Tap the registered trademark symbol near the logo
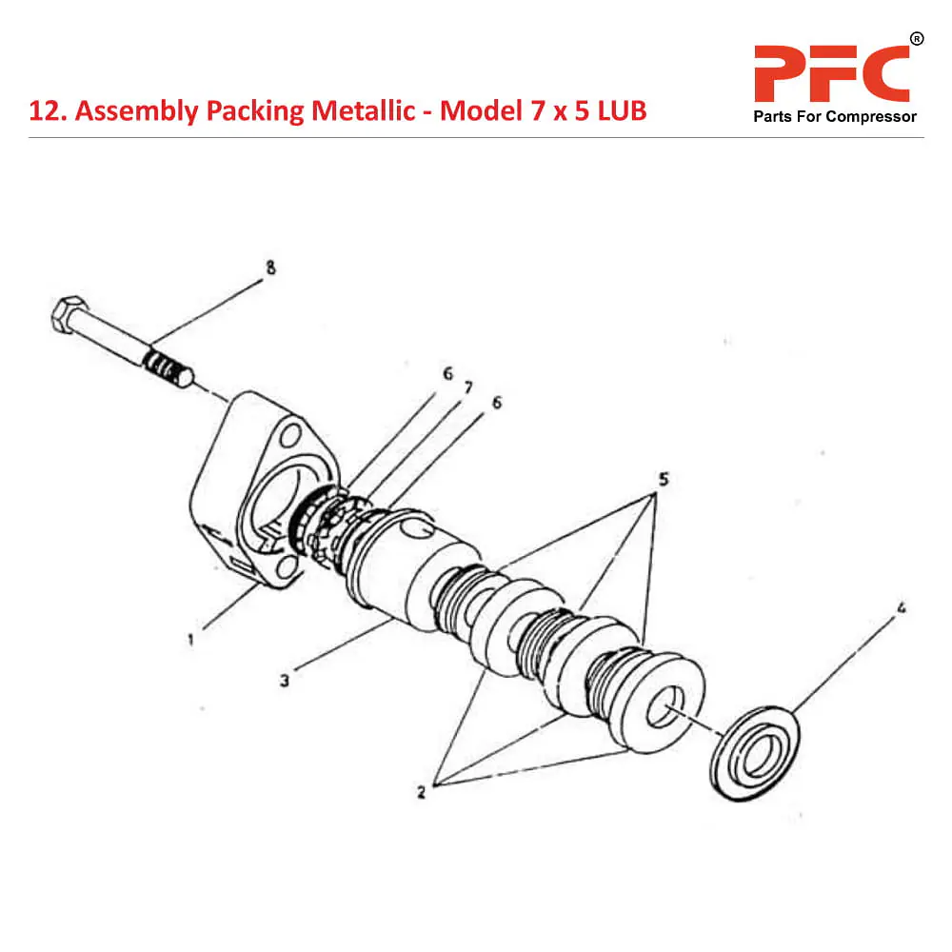[917, 39]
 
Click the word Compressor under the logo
[871, 117]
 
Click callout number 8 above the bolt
[270, 268]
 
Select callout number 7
[467, 388]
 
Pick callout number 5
[664, 478]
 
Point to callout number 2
[421, 791]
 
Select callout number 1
[190, 640]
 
